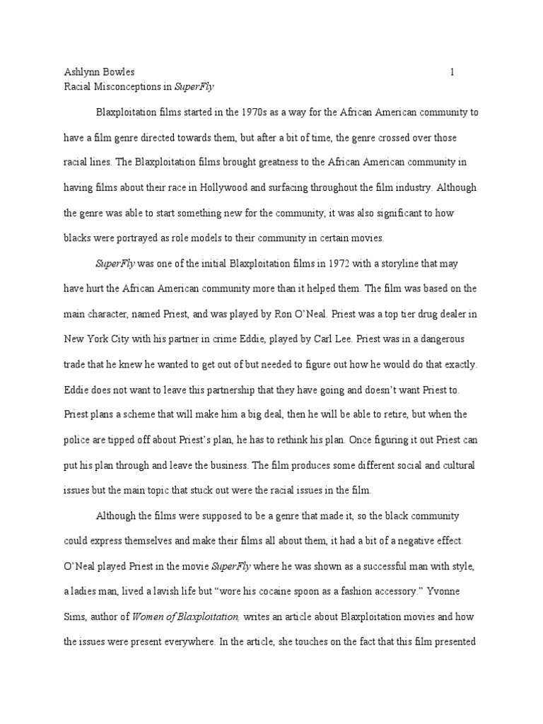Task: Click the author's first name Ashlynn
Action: (78, 72)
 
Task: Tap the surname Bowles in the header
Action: (118, 72)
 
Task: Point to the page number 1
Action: (452, 72)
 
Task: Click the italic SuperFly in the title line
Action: (194, 88)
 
